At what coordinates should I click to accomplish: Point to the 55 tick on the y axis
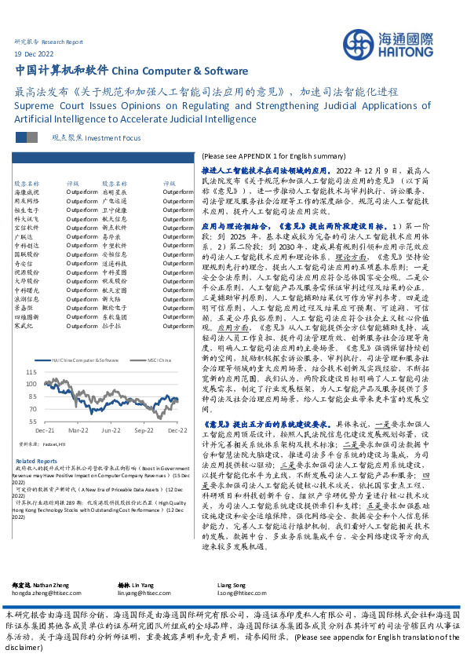coord(32,421)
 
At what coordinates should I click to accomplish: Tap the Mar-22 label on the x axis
coord(78,430)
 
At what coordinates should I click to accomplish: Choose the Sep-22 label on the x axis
coord(144,430)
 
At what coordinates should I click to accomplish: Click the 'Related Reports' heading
coord(36,461)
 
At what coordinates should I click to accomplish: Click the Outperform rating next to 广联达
coord(82,236)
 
